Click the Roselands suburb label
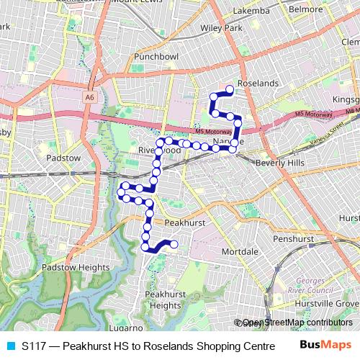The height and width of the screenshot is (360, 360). click(257, 84)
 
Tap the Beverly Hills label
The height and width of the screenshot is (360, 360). click(280, 163)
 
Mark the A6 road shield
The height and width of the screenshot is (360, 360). click(89, 96)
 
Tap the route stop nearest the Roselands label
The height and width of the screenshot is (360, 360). click(230, 89)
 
